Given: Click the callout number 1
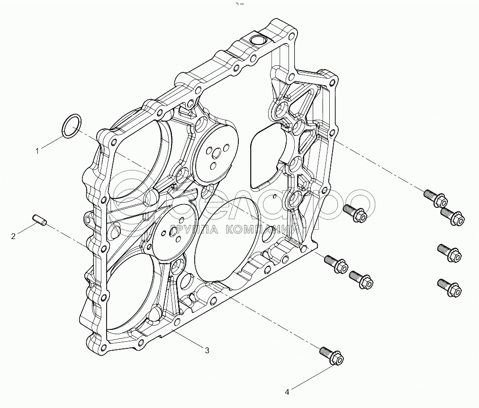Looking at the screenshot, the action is coord(36,151).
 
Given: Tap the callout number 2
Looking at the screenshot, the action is coord(13,236).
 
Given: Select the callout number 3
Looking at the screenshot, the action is coord(207,350).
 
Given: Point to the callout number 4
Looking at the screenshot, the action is coord(287,391).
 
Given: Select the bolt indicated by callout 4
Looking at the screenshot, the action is coord(331,355).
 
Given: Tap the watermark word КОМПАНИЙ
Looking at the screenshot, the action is coord(262,230).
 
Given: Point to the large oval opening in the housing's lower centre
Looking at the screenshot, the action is coord(226,241).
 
